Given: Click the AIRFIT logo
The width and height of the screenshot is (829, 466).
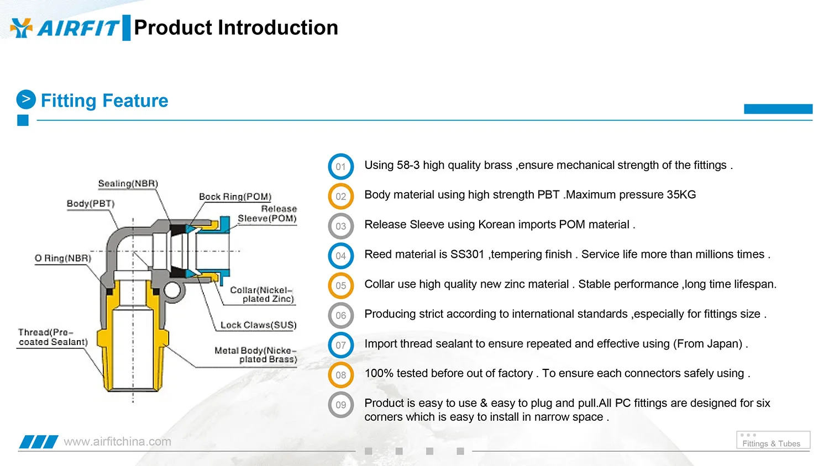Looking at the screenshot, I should tap(65, 28).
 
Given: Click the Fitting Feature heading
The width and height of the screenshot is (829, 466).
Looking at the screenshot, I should tap(104, 100).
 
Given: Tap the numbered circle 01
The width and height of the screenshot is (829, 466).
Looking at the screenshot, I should tap(341, 167).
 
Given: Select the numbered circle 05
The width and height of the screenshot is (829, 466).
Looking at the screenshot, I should tap(341, 286).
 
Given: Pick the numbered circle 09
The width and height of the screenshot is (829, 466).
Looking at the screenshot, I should tap(341, 405).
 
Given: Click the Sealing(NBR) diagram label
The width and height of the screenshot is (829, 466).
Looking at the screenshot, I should tap(128, 183).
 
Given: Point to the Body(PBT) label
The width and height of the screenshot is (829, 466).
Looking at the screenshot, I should tap(91, 203).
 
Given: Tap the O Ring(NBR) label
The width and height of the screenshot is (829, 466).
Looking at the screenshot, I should tap(63, 258).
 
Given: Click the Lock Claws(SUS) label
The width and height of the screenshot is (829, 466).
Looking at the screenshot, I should tap(258, 325).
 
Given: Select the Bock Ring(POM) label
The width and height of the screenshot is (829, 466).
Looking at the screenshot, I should tap(235, 197).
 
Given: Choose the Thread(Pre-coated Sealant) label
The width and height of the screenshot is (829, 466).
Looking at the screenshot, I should tap(53, 337).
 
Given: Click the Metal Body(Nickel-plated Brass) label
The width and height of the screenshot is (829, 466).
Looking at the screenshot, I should tap(255, 354).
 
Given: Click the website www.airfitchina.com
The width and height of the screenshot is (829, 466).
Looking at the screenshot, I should tap(117, 442).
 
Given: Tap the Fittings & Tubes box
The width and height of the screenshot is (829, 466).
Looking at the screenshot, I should tap(773, 441).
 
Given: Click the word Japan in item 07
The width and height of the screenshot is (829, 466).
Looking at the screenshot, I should tap(724, 343).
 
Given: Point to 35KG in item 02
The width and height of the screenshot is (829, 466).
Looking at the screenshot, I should tap(681, 194).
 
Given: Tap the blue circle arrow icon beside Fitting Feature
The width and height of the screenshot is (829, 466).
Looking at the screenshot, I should tap(26, 99).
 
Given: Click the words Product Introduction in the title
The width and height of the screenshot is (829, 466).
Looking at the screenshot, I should tap(236, 28).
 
